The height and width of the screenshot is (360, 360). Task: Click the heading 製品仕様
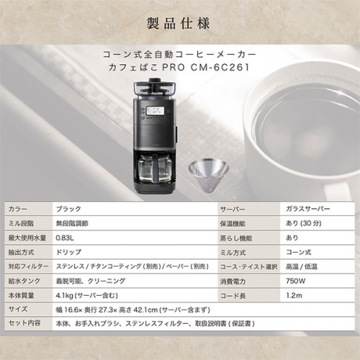click(x=178, y=23)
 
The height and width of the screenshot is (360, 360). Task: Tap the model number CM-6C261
click(x=220, y=67)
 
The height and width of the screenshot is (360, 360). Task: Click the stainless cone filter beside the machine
click(x=208, y=176)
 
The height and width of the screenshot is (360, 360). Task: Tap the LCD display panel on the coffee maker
click(x=155, y=110)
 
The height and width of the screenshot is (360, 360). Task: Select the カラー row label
click(x=18, y=209)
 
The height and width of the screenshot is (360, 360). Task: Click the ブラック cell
click(x=69, y=209)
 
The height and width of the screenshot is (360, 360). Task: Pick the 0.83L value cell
click(x=66, y=238)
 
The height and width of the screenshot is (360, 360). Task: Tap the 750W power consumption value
click(x=296, y=281)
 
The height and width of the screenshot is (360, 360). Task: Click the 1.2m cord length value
click(x=294, y=296)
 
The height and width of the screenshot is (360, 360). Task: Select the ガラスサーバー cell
click(x=308, y=209)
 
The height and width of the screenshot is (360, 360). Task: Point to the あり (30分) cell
click(x=304, y=223)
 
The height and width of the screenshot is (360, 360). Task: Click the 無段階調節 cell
click(x=72, y=224)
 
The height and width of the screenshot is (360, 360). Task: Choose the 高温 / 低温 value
click(x=301, y=267)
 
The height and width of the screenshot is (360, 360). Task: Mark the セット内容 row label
click(x=24, y=323)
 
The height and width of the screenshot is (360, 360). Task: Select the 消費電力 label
click(x=232, y=282)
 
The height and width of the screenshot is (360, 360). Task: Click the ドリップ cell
click(x=69, y=252)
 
